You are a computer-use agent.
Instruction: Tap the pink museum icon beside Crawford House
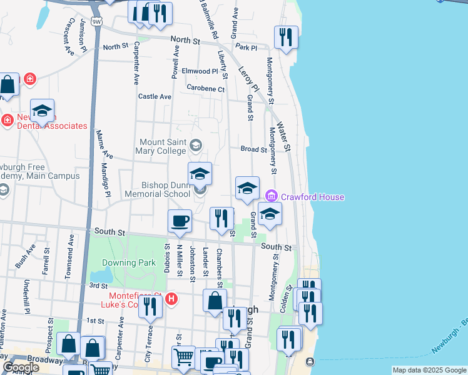271,196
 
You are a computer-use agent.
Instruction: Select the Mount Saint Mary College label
163,146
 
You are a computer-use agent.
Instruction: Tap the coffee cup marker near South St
180,221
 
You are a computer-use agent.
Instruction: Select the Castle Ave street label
155,97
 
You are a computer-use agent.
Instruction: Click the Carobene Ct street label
205,89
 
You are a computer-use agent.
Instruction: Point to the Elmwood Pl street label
200,71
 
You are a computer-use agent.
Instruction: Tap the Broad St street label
253,149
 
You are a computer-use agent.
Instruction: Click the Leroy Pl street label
248,79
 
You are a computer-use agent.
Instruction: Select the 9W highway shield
96,22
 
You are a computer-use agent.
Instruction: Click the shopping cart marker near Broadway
183,357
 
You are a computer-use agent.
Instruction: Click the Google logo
21,367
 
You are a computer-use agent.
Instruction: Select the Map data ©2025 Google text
429,370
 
